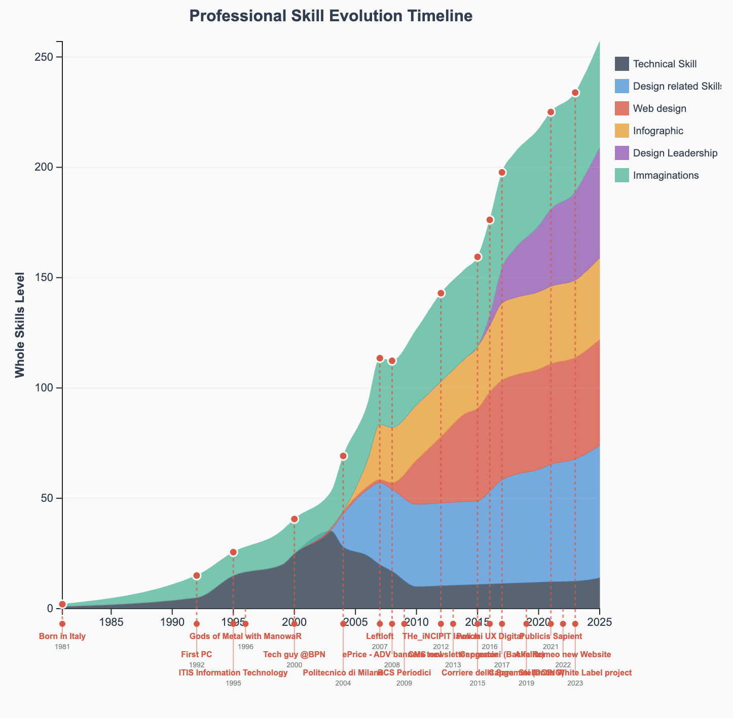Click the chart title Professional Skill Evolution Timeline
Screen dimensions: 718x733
[331, 16]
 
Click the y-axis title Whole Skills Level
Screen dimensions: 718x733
[20, 325]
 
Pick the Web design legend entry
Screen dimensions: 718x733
[659, 108]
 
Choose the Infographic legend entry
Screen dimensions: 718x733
[658, 131]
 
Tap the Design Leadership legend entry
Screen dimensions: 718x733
[675, 153]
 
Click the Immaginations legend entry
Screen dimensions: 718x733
[666, 175]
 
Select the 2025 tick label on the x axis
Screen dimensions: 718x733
[600, 621]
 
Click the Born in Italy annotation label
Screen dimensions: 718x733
[62, 636]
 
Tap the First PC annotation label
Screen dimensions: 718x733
[197, 655]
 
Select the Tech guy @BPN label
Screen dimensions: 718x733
[295, 655]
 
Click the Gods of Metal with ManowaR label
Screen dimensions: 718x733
[245, 636]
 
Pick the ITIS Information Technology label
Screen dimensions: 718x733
[233, 673]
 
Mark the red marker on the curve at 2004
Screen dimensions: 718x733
[343, 456]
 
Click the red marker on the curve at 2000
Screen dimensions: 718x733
[295, 519]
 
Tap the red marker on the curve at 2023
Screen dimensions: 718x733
[575, 93]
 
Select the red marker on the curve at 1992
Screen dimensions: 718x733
[197, 576]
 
